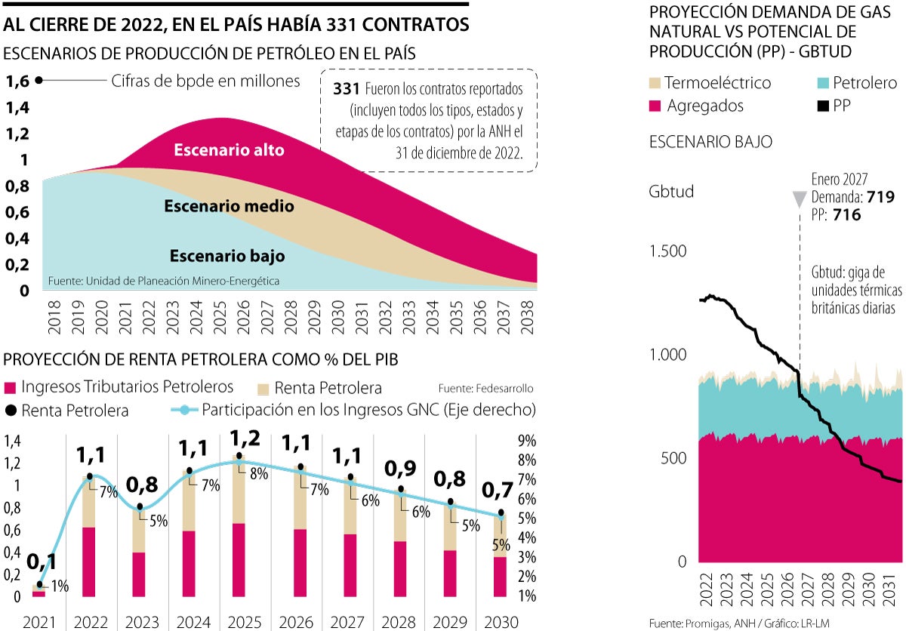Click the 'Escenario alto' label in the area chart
click(229, 150)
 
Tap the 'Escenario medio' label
click(229, 206)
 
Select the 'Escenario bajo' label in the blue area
click(227, 257)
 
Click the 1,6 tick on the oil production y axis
click(19, 81)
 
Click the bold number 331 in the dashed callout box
click(345, 89)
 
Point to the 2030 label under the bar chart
click(501, 623)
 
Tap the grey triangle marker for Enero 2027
click(799, 199)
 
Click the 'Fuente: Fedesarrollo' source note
click(485, 389)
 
